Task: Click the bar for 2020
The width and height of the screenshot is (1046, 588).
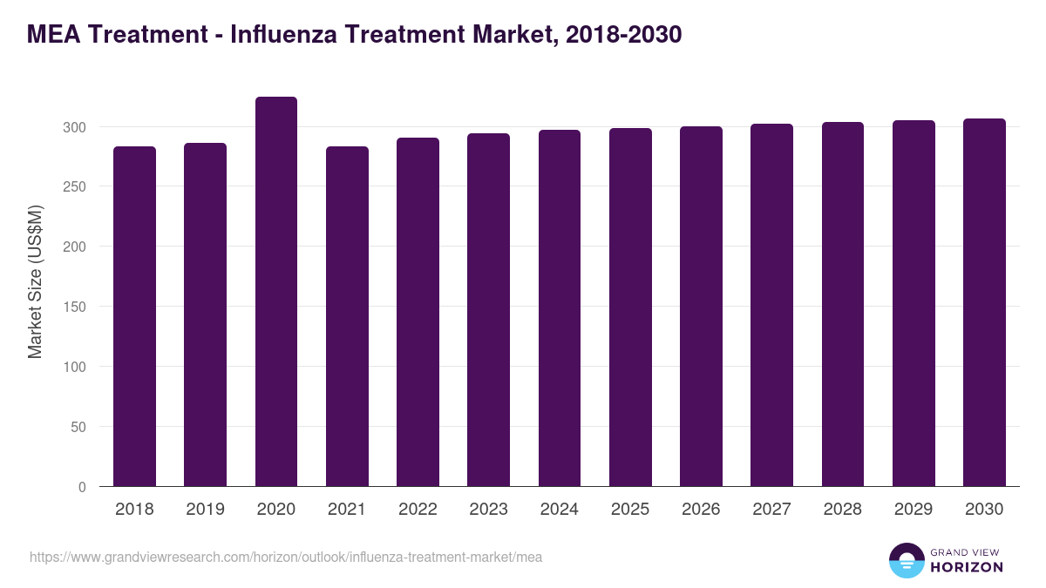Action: [276, 292]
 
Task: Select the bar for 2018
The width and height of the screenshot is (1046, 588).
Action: [134, 316]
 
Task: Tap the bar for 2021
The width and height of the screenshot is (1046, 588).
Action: [347, 316]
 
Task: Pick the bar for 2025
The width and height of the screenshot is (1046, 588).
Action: [630, 308]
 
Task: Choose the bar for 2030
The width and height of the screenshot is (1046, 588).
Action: [984, 302]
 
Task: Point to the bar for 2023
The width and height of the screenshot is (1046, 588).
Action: [488, 310]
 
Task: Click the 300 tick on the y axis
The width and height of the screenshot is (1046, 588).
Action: [76, 127]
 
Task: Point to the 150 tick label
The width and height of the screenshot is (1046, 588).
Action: [76, 307]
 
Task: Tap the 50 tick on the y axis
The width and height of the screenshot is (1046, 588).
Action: [79, 427]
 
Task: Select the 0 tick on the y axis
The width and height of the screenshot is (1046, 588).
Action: [83, 487]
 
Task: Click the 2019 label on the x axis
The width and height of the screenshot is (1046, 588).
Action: [205, 510]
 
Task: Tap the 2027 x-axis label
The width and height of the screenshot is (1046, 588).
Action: [771, 510]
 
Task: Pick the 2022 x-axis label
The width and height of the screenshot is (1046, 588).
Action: [418, 510]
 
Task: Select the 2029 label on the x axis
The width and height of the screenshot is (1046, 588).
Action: [914, 510]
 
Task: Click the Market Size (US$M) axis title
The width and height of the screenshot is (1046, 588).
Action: [35, 281]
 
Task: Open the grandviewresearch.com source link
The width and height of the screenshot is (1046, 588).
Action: [286, 557]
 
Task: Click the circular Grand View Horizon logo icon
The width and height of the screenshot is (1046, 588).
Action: [907, 560]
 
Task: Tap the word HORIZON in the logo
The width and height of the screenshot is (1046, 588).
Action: [968, 567]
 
